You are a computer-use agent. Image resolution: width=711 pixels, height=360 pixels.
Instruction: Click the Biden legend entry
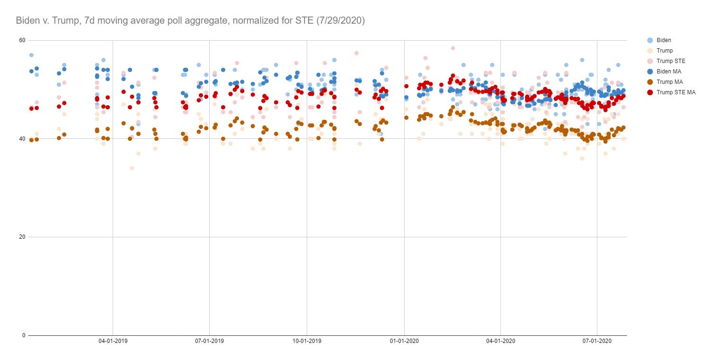(x=664, y=40)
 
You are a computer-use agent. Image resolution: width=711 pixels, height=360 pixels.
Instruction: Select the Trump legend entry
(x=665, y=51)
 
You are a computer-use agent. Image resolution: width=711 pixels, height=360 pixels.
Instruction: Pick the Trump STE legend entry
(x=671, y=61)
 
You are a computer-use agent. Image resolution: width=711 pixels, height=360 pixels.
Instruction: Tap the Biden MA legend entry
(x=668, y=72)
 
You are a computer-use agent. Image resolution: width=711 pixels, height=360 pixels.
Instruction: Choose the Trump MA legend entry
(x=669, y=82)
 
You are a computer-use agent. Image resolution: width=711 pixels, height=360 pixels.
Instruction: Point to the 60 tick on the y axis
(x=22, y=40)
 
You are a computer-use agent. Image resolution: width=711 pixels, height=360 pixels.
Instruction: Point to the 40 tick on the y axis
(x=22, y=139)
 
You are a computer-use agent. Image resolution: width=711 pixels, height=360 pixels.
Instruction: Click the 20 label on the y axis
(x=22, y=237)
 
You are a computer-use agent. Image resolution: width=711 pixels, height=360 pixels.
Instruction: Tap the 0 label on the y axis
(x=23, y=335)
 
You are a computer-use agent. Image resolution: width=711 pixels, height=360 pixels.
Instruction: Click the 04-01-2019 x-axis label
(x=113, y=341)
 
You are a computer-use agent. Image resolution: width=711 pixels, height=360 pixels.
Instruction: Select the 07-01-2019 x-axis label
(x=209, y=341)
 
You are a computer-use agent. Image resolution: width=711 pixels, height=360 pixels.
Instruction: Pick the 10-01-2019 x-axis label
(x=307, y=341)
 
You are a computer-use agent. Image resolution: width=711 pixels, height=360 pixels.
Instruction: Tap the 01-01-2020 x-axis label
(x=404, y=341)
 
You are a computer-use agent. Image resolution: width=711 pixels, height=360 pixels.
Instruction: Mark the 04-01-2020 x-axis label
(x=501, y=341)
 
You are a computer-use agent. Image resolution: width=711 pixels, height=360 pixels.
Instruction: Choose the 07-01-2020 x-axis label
(x=597, y=341)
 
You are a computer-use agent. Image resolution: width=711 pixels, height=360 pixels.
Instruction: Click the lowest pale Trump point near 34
(x=132, y=168)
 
